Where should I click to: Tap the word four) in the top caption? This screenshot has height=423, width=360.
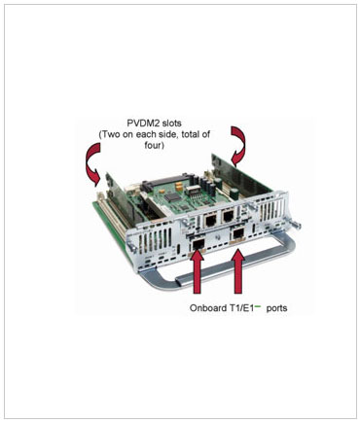coord(155,146)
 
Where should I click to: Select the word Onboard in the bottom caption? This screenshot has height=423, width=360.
coord(204,307)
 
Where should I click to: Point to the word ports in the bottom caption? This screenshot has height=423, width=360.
coord(276,308)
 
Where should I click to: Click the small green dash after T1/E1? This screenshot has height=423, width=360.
coord(258,305)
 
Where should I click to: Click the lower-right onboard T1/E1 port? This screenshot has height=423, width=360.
coord(239,233)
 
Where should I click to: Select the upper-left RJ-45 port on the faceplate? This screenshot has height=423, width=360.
coord(211,221)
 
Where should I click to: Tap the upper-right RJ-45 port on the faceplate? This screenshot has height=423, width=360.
coord(229,215)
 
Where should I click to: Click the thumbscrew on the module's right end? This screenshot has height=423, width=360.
coord(296,224)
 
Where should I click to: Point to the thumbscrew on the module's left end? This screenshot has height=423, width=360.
coord(132,246)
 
